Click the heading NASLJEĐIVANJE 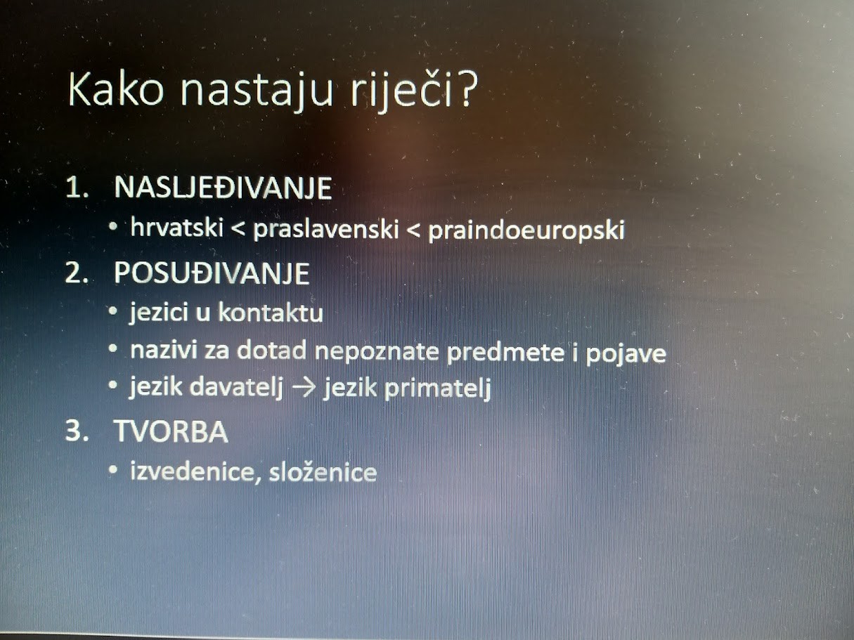pos(223,188)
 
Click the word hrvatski pos(177,227)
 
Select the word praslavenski pos(326,229)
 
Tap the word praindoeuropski pos(526,230)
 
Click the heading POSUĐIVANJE pos(212,273)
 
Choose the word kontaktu pos(271,313)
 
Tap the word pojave pos(626,354)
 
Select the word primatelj pos(438,388)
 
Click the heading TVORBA pos(172,432)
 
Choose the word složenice pos(323,472)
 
